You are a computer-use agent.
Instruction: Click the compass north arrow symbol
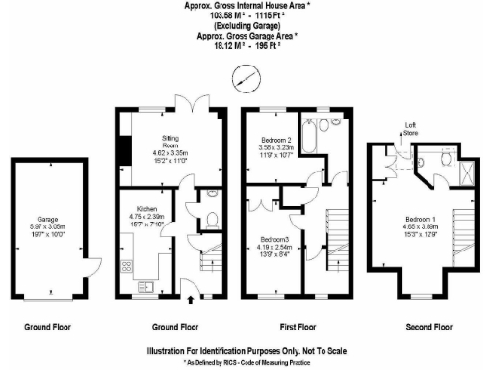(247, 74)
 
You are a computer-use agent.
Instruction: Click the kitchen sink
(145, 285)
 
